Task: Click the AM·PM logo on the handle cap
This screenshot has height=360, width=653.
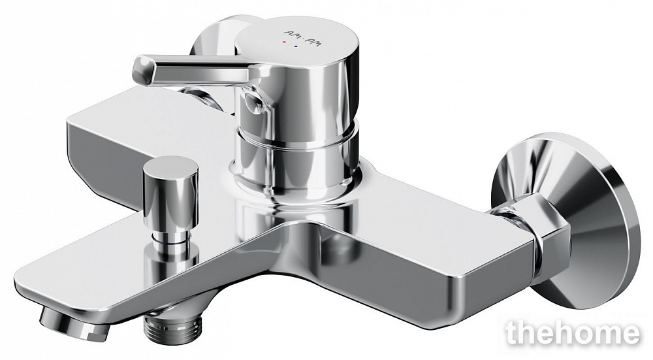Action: pos(302,38)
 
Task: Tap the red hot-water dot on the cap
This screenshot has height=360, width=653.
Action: pos(284,42)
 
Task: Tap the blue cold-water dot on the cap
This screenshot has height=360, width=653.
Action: pos(296,47)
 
